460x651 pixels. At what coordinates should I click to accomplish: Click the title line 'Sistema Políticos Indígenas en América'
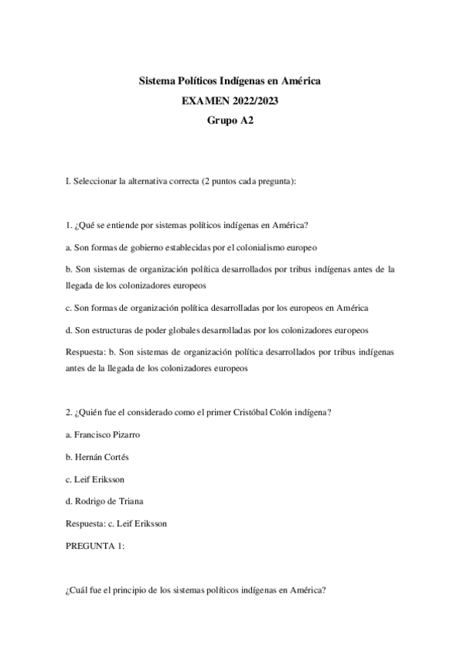point(230,80)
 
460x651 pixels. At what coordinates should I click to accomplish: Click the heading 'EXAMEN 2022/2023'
point(230,100)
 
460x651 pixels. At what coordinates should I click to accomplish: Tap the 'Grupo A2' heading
point(230,120)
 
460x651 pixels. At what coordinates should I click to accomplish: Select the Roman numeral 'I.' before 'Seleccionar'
point(69,181)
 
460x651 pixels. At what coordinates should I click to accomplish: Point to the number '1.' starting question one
point(69,225)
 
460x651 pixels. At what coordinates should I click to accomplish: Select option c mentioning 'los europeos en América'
point(217,308)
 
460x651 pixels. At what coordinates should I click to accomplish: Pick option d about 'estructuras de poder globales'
point(217,330)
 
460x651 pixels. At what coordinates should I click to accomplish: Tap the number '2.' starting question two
point(69,412)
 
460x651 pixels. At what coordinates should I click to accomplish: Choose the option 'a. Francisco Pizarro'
point(103,435)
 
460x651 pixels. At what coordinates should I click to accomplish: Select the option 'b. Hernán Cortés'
point(97,457)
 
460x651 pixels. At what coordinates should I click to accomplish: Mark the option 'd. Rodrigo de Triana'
point(105,501)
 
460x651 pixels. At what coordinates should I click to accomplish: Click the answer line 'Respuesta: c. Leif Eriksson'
point(117,524)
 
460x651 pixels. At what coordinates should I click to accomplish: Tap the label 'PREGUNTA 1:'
point(96,546)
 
